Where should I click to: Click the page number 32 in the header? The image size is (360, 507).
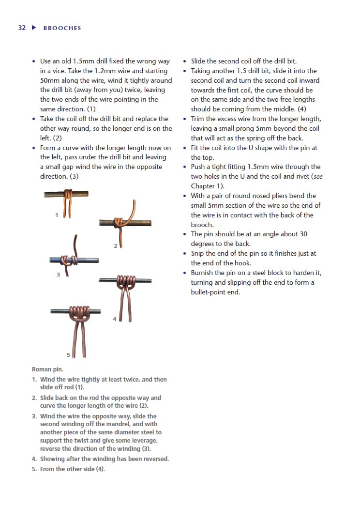22,28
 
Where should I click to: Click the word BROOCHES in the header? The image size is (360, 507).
62,28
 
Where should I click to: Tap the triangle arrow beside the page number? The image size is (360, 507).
34,28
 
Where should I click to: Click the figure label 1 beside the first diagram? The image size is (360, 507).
57,215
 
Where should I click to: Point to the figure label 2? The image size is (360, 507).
115,246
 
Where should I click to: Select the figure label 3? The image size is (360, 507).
58,275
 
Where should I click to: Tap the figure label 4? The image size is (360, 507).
115,319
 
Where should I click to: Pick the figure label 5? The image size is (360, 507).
68,355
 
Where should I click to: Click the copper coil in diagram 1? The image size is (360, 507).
69,195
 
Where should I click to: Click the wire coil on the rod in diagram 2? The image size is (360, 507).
118,222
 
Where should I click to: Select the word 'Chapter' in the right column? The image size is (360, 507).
204,186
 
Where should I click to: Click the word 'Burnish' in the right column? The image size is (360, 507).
203,273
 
